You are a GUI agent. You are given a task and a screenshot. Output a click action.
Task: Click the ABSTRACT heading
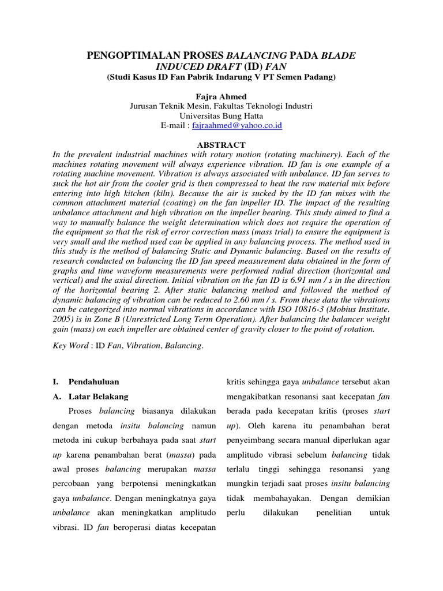point(221,145)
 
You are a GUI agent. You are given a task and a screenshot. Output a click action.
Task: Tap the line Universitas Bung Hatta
point(221,115)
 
